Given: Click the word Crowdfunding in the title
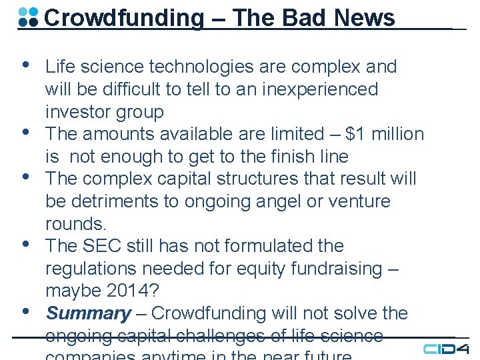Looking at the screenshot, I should click(x=123, y=17).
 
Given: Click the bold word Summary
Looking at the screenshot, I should click(x=88, y=313).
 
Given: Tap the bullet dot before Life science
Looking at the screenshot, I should click(x=25, y=65).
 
